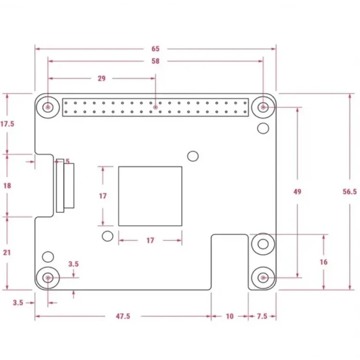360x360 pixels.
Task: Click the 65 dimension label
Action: tap(155, 49)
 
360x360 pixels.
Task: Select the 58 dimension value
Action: tap(155, 61)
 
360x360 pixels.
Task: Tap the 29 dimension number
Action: tap(102, 79)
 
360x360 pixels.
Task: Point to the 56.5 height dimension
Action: tap(350, 191)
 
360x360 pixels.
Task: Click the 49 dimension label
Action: tap(297, 191)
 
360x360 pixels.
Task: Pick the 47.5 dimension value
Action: tap(123, 316)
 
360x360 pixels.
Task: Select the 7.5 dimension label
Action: tap(262, 316)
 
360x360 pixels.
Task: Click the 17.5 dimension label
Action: tap(7, 124)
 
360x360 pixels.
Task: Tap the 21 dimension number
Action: tap(7, 253)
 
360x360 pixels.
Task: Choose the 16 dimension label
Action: tap(323, 262)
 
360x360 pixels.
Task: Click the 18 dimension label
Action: tap(7, 186)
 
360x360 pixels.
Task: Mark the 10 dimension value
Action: tap(229, 316)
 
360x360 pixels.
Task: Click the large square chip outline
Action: tap(119, 196)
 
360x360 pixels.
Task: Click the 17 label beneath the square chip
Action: tap(150, 240)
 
